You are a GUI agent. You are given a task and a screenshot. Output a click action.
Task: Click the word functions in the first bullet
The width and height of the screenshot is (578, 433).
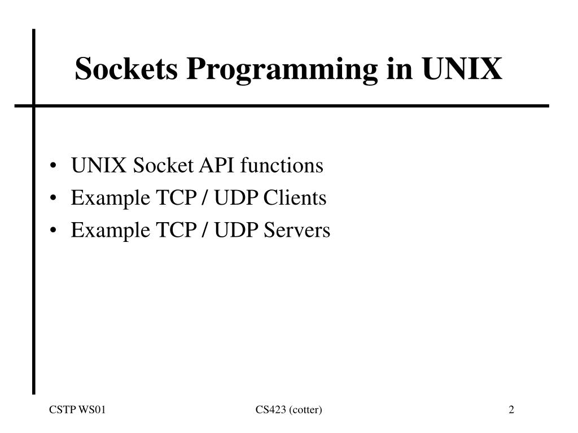(x=282, y=166)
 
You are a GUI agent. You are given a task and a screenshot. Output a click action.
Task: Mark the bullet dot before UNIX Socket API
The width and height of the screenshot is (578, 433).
(x=53, y=167)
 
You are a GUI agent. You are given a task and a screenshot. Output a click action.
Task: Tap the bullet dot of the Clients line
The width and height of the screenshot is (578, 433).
(x=53, y=199)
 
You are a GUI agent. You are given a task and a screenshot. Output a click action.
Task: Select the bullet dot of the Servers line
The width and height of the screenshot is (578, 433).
(x=53, y=231)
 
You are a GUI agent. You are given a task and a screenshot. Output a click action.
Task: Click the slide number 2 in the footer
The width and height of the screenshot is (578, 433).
(x=511, y=410)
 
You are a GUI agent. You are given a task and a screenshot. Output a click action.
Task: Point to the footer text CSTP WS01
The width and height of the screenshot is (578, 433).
(x=77, y=410)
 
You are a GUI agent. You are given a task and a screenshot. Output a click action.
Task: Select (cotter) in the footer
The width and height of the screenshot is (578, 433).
(x=305, y=410)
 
